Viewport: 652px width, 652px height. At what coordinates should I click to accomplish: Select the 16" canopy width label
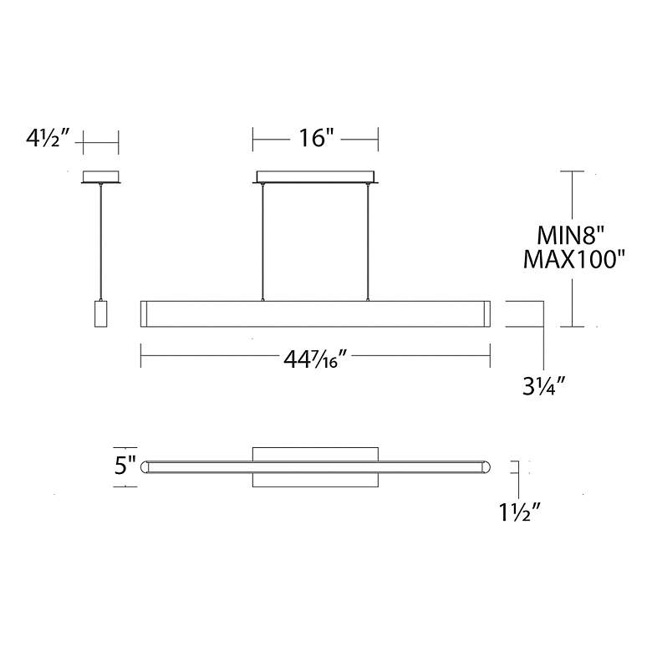(316, 139)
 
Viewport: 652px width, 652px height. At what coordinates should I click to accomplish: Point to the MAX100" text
(574, 260)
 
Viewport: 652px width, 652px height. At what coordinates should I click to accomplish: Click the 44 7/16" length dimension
(316, 360)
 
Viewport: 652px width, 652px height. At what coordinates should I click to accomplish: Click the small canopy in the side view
(100, 176)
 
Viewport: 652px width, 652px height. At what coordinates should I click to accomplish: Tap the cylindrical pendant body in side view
(100, 313)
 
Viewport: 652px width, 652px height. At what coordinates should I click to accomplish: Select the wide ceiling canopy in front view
(316, 176)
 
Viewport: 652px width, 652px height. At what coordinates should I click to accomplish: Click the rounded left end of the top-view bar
(145, 466)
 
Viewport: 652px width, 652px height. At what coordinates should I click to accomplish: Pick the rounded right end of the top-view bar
(486, 466)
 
